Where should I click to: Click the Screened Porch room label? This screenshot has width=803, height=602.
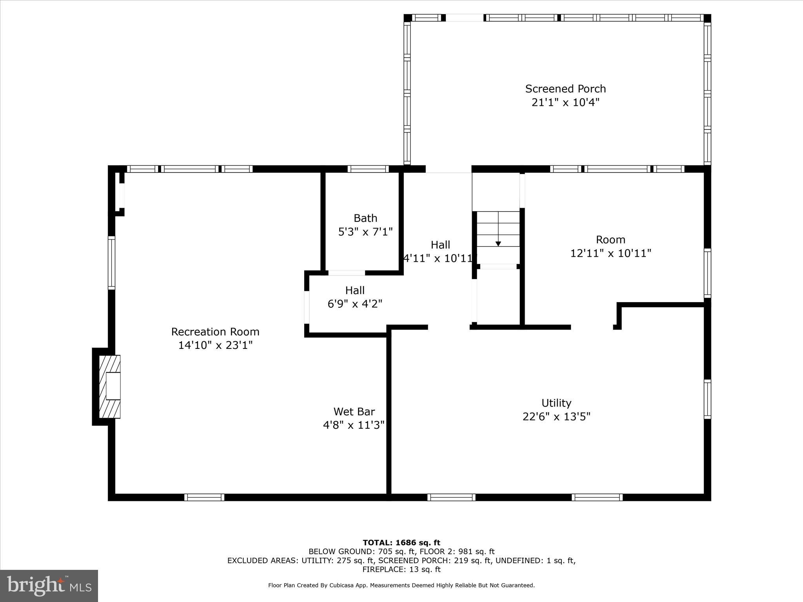[565, 89]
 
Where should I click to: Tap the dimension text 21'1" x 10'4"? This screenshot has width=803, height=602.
[565, 103]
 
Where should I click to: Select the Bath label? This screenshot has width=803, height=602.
[365, 218]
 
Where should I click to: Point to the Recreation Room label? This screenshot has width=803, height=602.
[215, 332]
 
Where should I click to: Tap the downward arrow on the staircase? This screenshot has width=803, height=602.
[498, 243]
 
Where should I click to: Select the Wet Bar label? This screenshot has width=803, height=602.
[354, 412]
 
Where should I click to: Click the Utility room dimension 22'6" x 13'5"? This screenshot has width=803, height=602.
[556, 417]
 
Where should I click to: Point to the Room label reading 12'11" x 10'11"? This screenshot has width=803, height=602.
[610, 253]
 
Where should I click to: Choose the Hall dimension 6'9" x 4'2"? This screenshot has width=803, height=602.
[355, 304]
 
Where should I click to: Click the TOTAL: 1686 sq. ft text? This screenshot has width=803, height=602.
[401, 543]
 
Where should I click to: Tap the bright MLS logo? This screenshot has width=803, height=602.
[49, 586]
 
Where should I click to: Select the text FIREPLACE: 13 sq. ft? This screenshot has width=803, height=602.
[401, 569]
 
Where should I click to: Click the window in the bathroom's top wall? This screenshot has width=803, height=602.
[368, 169]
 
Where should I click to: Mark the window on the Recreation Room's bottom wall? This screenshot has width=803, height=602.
[204, 497]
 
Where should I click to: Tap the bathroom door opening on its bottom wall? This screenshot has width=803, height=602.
[347, 273]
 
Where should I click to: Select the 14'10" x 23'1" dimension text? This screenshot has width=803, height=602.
[215, 345]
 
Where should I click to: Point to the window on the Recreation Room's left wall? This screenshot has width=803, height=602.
[112, 263]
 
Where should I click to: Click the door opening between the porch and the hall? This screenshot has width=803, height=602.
[449, 169]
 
